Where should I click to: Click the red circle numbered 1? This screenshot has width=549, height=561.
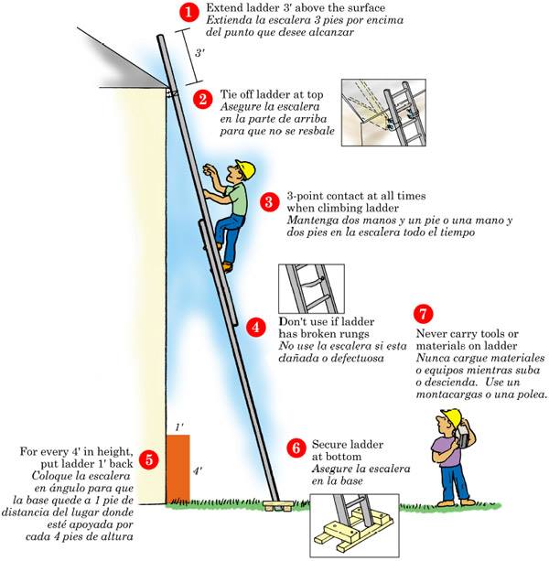[188, 13]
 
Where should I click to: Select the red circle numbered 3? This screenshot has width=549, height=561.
[269, 202]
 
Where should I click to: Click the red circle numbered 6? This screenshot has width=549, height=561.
[295, 448]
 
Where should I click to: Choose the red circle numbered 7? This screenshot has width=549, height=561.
[422, 313]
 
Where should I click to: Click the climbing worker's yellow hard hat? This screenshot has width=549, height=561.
[244, 169]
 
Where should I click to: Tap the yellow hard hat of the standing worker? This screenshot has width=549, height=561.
[450, 418]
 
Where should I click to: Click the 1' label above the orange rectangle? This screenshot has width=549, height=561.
[179, 427]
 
